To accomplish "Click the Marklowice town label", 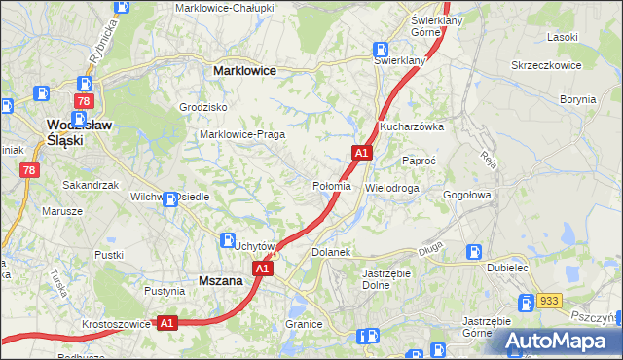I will tap(244, 71).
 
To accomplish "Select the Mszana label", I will tap(220, 279).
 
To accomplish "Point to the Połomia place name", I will tap(331, 186).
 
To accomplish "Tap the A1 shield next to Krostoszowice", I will tap(166, 322).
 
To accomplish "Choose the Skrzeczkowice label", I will tap(546, 65).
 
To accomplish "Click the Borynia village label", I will tap(578, 99).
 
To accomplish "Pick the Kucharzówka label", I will tap(412, 126).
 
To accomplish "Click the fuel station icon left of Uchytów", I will tap(228, 240).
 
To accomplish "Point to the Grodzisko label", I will tap(203, 107).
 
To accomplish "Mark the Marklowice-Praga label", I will tap(241, 134).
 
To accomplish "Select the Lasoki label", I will tap(563, 36).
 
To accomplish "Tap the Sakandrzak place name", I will tap(90, 184).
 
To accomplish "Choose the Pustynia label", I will tap(165, 291).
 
